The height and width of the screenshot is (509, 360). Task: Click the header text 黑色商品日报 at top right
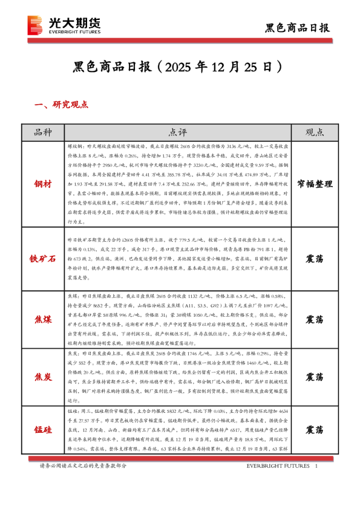298,28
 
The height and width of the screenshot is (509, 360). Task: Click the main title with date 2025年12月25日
179,65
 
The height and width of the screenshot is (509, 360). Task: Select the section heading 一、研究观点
62,105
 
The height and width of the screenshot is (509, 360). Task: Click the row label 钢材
44,183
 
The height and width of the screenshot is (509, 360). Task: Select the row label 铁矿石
44,259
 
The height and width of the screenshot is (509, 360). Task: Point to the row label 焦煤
44,319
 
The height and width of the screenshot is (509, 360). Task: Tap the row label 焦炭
44,377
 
